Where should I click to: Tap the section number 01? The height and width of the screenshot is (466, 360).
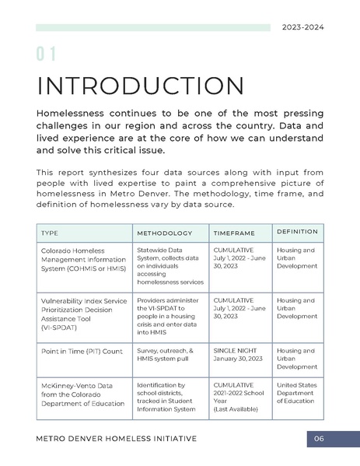[46, 54]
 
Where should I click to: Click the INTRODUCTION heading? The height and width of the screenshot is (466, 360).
[140, 86]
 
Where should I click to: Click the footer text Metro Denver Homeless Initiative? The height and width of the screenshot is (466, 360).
[116, 439]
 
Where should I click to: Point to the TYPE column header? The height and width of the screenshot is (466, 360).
[49, 233]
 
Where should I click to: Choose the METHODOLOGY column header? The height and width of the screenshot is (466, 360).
[164, 233]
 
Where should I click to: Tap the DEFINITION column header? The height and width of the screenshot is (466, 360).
[297, 232]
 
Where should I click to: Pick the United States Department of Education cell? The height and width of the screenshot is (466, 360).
[296, 393]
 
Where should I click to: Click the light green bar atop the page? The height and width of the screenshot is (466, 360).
[152, 27]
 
